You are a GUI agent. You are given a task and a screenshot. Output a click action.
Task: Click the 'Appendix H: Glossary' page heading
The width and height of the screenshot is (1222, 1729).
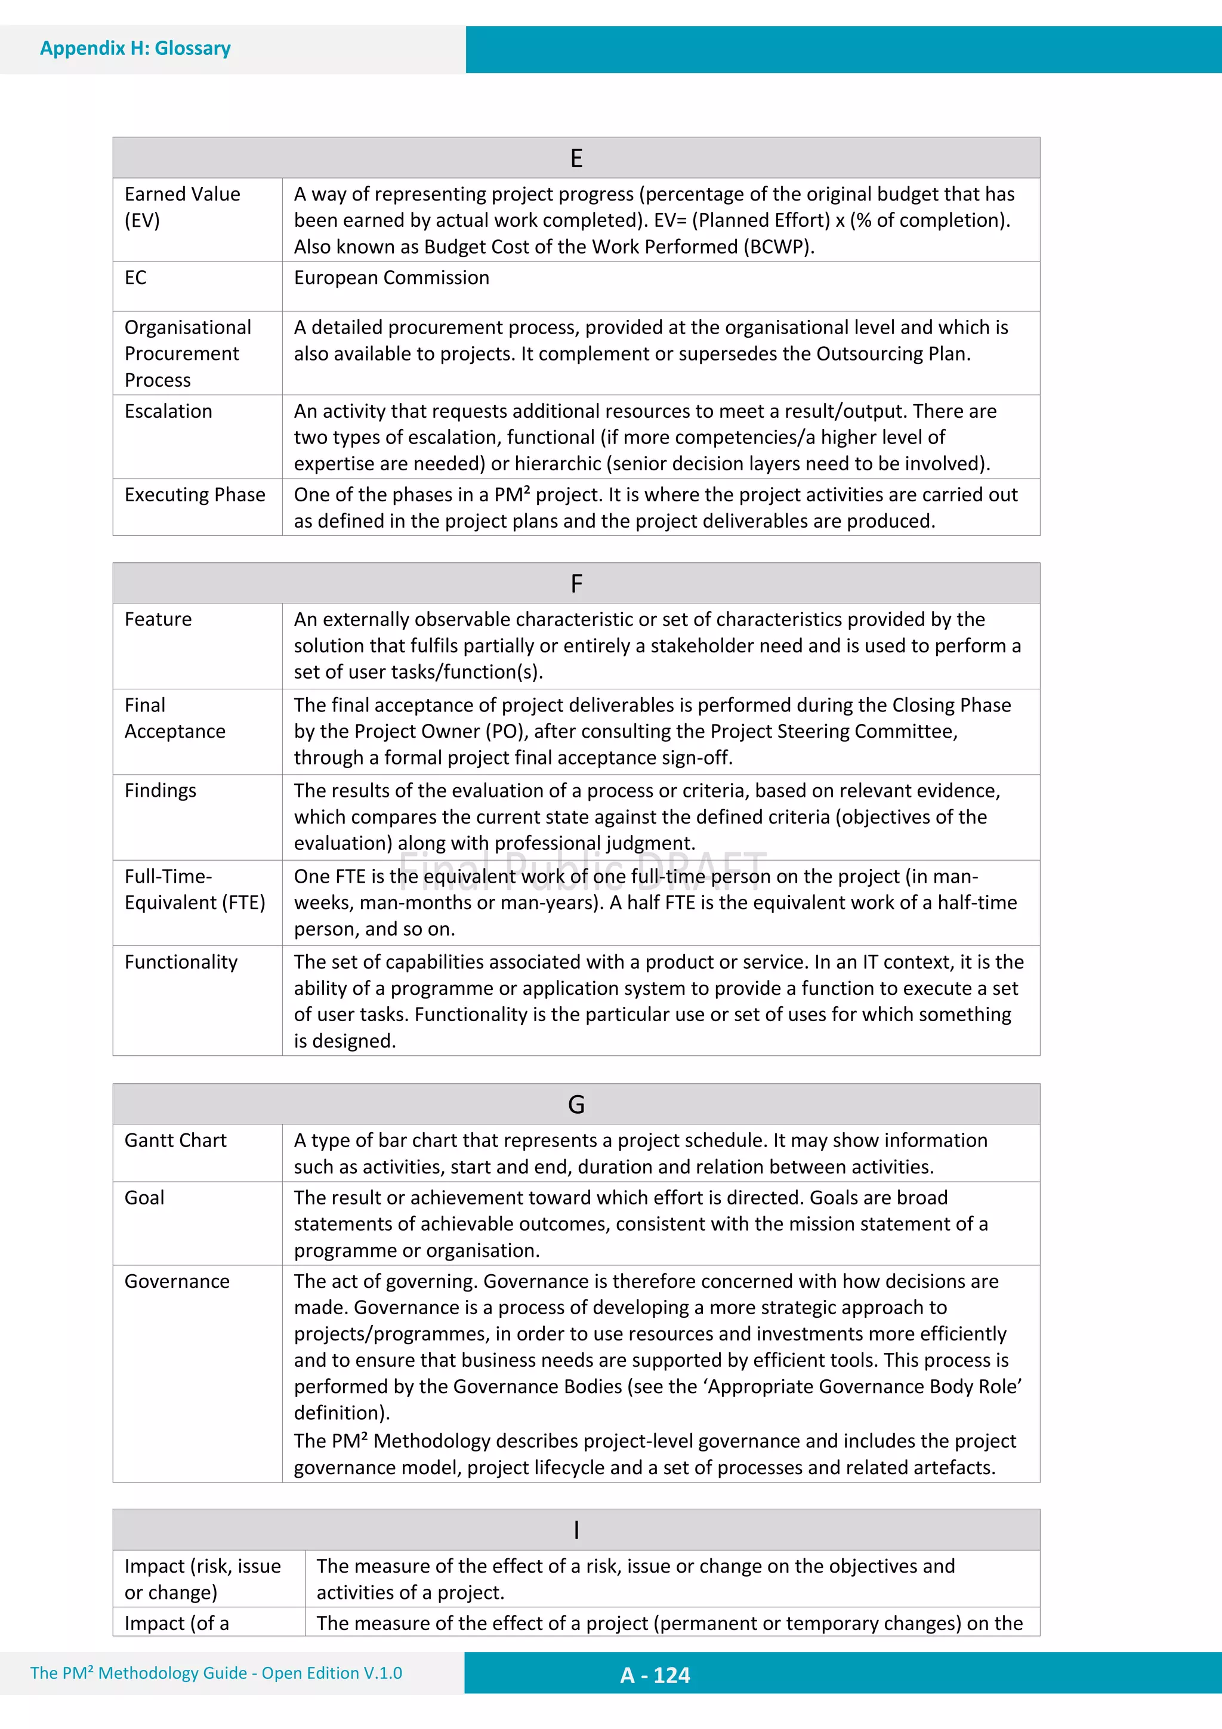click(x=135, y=48)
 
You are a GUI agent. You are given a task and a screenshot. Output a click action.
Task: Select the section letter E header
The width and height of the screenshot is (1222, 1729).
click(x=576, y=158)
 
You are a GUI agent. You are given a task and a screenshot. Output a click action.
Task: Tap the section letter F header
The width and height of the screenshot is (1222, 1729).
click(x=576, y=584)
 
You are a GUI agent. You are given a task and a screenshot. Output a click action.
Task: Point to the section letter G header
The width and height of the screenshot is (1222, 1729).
click(x=576, y=1105)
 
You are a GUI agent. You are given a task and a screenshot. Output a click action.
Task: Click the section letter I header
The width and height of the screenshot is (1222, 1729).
click(x=576, y=1530)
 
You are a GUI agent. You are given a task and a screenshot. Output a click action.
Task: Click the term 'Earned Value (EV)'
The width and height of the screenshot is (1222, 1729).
click(x=182, y=207)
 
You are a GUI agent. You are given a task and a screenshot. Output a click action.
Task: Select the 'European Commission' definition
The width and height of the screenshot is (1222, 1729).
click(x=391, y=278)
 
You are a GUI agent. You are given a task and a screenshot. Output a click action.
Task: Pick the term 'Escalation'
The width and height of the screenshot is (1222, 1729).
click(x=168, y=411)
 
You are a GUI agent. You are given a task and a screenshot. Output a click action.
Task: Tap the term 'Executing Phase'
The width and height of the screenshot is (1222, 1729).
click(x=195, y=495)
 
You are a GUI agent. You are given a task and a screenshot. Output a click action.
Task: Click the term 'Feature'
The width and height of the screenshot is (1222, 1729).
click(x=158, y=619)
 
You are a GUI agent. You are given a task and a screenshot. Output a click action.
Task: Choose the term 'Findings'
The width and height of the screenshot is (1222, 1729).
click(x=161, y=791)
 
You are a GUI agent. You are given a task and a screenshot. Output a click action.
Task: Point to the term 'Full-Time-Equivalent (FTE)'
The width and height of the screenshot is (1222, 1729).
click(x=195, y=889)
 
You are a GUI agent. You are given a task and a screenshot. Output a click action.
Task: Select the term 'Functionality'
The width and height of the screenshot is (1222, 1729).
click(x=181, y=961)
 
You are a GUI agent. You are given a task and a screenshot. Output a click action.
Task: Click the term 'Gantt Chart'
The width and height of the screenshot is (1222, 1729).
click(x=175, y=1140)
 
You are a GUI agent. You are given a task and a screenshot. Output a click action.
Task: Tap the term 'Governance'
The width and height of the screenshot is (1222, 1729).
click(x=177, y=1281)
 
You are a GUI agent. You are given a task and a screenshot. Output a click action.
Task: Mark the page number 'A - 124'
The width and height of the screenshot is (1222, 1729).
click(x=655, y=1675)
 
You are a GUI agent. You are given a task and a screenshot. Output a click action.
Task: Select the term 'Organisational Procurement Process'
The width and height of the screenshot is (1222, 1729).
click(x=187, y=353)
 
